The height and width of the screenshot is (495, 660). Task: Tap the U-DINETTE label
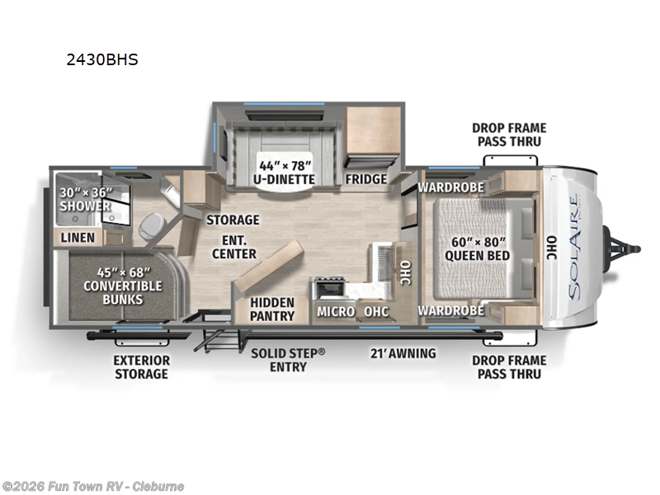283,172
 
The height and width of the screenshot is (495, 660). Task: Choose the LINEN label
78,238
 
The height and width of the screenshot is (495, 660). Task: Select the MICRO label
336,311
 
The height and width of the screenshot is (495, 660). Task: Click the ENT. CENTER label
233,247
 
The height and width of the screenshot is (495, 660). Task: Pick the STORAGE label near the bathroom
233,219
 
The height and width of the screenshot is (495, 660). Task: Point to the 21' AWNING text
402,353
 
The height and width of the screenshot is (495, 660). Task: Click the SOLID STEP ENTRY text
288,360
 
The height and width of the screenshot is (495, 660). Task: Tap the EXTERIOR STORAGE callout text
142,367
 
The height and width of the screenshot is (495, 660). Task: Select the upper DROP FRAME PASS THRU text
508,134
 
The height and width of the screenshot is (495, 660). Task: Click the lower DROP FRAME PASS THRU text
508,367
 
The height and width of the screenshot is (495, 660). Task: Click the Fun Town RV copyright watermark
93,486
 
